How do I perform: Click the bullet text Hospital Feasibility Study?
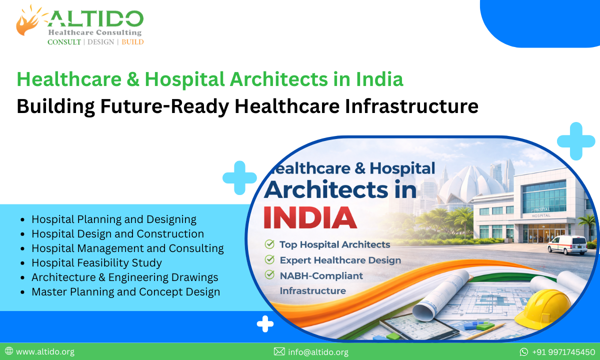96,262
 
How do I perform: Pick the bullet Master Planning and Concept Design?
125,291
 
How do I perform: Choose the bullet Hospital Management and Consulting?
127,248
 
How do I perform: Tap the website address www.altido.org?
45,352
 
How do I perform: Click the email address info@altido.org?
317,352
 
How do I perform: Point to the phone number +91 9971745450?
563,352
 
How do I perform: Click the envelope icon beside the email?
279,352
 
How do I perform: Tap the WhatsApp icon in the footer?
523,352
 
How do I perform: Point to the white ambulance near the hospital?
566,245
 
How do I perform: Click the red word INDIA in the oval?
310,216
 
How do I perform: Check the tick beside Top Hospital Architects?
269,244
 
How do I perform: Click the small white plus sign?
265,324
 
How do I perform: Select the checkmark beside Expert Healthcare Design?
269,260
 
